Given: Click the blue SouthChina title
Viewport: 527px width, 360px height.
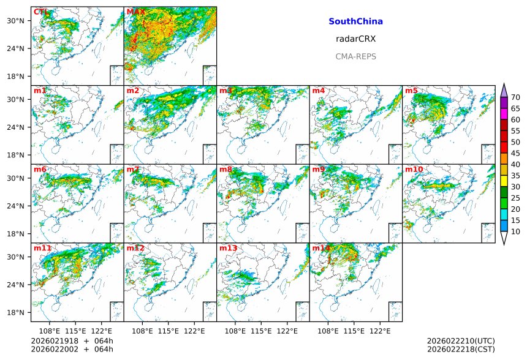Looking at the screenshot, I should click(x=355, y=21).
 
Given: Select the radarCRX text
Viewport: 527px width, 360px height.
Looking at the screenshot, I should click(x=355, y=39).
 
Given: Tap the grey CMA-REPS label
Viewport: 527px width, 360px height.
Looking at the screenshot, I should click(x=355, y=56).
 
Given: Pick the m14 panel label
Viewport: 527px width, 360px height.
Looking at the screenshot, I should click(x=321, y=248).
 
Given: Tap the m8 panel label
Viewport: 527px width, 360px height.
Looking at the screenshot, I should click(x=226, y=169).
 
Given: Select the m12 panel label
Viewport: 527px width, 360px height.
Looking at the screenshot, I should click(x=135, y=248).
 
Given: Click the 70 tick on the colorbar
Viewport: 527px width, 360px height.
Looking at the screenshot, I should click(x=515, y=97).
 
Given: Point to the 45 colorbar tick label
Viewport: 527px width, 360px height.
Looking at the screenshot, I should click(x=515, y=153).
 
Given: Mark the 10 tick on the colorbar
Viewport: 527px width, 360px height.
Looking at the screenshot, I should click(x=515, y=231).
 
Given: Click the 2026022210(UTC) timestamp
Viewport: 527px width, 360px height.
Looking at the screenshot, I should click(x=460, y=341).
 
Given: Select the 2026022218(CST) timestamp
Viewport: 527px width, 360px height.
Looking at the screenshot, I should click(x=460, y=349).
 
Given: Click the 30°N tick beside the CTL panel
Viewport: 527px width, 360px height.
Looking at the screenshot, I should click(x=15, y=21).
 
